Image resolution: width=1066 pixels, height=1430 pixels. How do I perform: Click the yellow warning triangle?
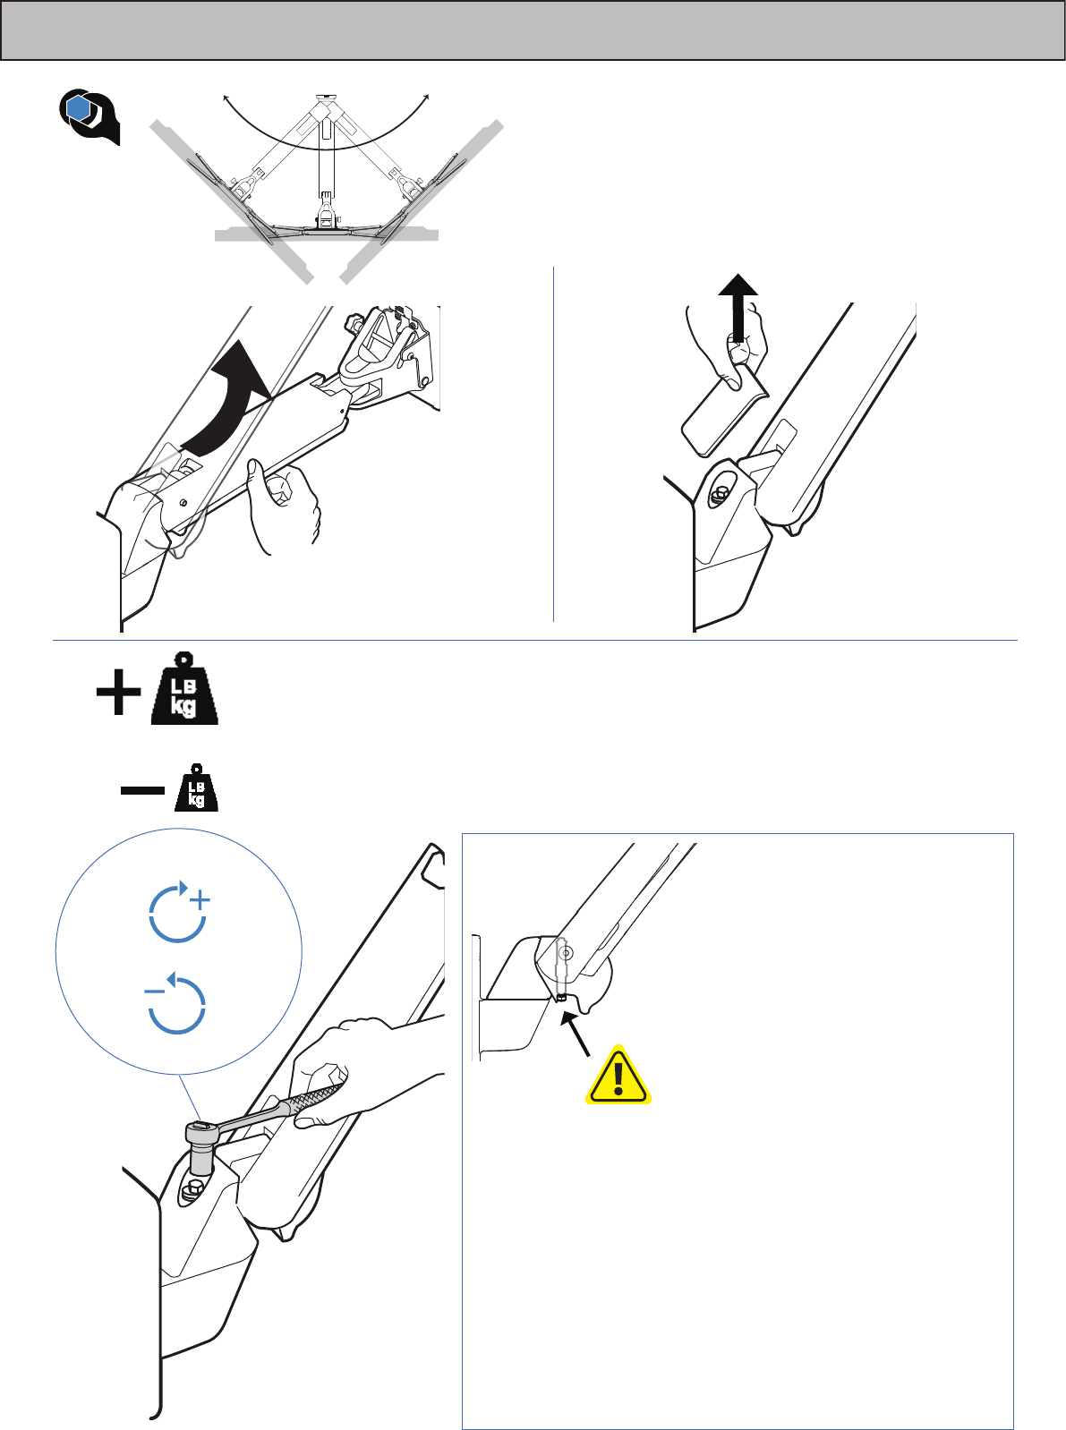[618, 1077]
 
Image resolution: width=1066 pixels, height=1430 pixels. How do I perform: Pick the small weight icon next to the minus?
[196, 787]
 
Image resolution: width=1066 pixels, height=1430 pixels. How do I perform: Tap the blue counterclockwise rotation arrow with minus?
[175, 1002]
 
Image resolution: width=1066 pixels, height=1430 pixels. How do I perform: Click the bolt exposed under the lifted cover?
[720, 493]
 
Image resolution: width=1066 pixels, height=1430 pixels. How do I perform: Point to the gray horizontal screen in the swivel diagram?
[326, 234]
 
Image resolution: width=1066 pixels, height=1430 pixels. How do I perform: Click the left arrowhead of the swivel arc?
[226, 98]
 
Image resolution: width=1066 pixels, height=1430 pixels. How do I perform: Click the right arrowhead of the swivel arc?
[427, 98]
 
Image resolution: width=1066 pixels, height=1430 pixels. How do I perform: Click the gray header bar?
[533, 30]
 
